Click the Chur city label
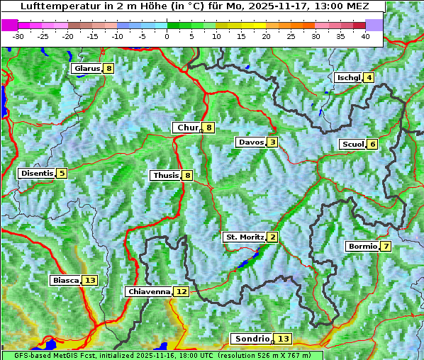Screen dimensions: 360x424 click(187, 128)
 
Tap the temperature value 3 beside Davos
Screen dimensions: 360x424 click(272, 142)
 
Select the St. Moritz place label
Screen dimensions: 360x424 click(244, 237)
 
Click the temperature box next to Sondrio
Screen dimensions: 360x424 click(283, 339)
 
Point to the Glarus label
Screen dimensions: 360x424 click(86, 69)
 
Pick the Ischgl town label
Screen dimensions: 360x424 click(348, 77)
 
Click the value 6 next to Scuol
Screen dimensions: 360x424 click(372, 145)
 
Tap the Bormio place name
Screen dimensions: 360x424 click(362, 247)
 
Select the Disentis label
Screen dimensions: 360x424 click(37, 173)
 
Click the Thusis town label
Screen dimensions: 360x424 click(165, 175)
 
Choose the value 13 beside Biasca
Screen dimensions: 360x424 click(89, 281)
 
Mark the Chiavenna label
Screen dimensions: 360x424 click(149, 291)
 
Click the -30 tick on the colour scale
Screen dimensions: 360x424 click(18, 36)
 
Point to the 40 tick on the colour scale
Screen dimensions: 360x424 click(365, 36)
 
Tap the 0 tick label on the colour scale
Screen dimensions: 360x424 click(167, 36)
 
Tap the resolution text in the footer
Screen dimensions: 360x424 click(269, 355)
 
